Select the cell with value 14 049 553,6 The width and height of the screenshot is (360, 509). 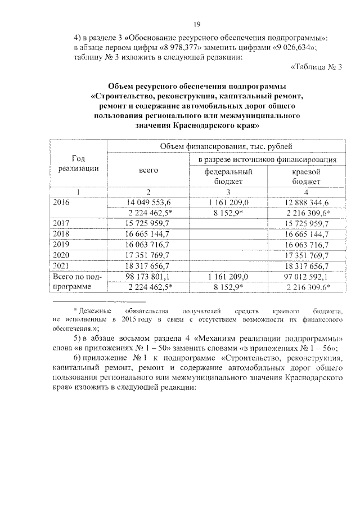point(148,202)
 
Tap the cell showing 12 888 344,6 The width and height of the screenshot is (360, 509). point(307,202)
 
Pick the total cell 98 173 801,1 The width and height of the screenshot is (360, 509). point(148,277)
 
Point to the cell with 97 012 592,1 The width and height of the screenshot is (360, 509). point(307,277)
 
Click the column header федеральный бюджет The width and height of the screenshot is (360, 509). point(227,176)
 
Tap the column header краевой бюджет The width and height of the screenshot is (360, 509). point(307,176)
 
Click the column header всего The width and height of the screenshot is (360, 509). point(148,170)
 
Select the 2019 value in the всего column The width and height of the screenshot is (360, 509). point(148,244)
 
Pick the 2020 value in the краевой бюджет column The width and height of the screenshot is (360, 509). point(307,255)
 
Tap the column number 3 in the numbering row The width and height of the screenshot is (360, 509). point(227,192)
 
